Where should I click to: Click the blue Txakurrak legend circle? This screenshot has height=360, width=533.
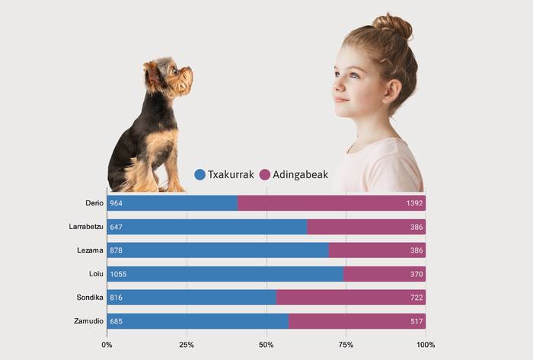pyautogui.click(x=200, y=174)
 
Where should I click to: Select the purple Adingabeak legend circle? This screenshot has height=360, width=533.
pyautogui.click(x=265, y=174)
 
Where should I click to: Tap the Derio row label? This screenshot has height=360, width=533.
pyautogui.click(x=94, y=203)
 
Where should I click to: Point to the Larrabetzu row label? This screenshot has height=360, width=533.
pyautogui.click(x=85, y=227)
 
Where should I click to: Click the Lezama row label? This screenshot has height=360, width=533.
pyautogui.click(x=91, y=250)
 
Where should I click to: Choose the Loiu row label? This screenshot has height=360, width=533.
pyautogui.click(x=96, y=274)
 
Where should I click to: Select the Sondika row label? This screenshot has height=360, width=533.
pyautogui.click(x=90, y=298)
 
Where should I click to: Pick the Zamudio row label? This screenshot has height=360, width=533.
pyautogui.click(x=89, y=321)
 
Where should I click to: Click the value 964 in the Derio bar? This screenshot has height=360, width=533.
pyautogui.click(x=116, y=203)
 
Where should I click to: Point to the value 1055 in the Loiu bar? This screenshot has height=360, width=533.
pyautogui.click(x=118, y=274)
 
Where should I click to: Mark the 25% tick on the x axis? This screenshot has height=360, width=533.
pyautogui.click(x=187, y=345)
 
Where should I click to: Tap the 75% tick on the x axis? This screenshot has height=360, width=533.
pyautogui.click(x=346, y=345)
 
